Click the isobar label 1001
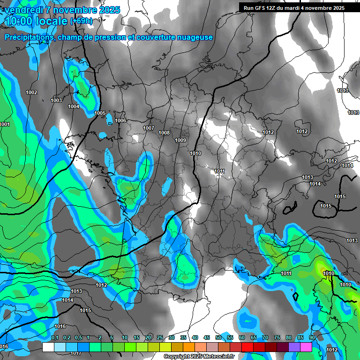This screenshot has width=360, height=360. [5, 124]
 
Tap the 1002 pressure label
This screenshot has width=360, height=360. [31, 93]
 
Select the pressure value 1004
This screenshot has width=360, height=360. [74, 107]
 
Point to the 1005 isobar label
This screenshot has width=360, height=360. [100, 113]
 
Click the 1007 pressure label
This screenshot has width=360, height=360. [149, 128]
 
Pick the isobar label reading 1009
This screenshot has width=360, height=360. [180, 141]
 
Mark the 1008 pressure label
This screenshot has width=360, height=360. [164, 133]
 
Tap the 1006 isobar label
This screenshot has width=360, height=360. [120, 121]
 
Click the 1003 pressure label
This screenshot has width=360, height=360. [56, 101]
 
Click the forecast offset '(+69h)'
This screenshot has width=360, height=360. [82, 21]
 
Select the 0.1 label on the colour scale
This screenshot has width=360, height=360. [54, 337]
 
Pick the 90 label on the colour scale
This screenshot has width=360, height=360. [312, 337]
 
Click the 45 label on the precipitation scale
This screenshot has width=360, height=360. [207, 337]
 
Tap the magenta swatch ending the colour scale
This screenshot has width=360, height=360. [306, 347]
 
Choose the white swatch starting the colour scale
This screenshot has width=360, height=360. [48, 347]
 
